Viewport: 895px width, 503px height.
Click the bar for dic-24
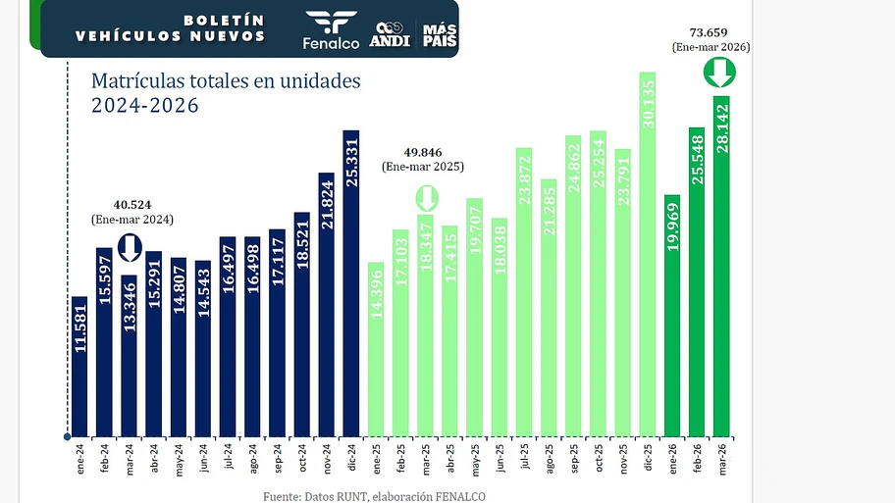click(351, 283)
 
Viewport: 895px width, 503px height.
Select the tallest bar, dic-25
click(647, 254)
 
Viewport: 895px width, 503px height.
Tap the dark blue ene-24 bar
click(80, 366)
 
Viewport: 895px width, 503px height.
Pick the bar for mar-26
click(721, 266)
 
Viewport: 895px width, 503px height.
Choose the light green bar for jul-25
click(524, 292)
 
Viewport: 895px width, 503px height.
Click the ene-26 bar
click(672, 315)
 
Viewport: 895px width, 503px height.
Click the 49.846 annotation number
click(428, 153)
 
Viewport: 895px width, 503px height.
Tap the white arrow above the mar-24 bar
click(130, 248)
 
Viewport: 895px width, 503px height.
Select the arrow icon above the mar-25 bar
click(427, 198)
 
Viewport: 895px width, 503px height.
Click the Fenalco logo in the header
click(332, 29)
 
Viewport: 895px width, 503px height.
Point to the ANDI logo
click(390, 33)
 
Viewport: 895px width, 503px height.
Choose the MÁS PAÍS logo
click(440, 35)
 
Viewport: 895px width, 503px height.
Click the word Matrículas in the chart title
click(136, 80)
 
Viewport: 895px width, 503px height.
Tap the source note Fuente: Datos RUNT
click(374, 496)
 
